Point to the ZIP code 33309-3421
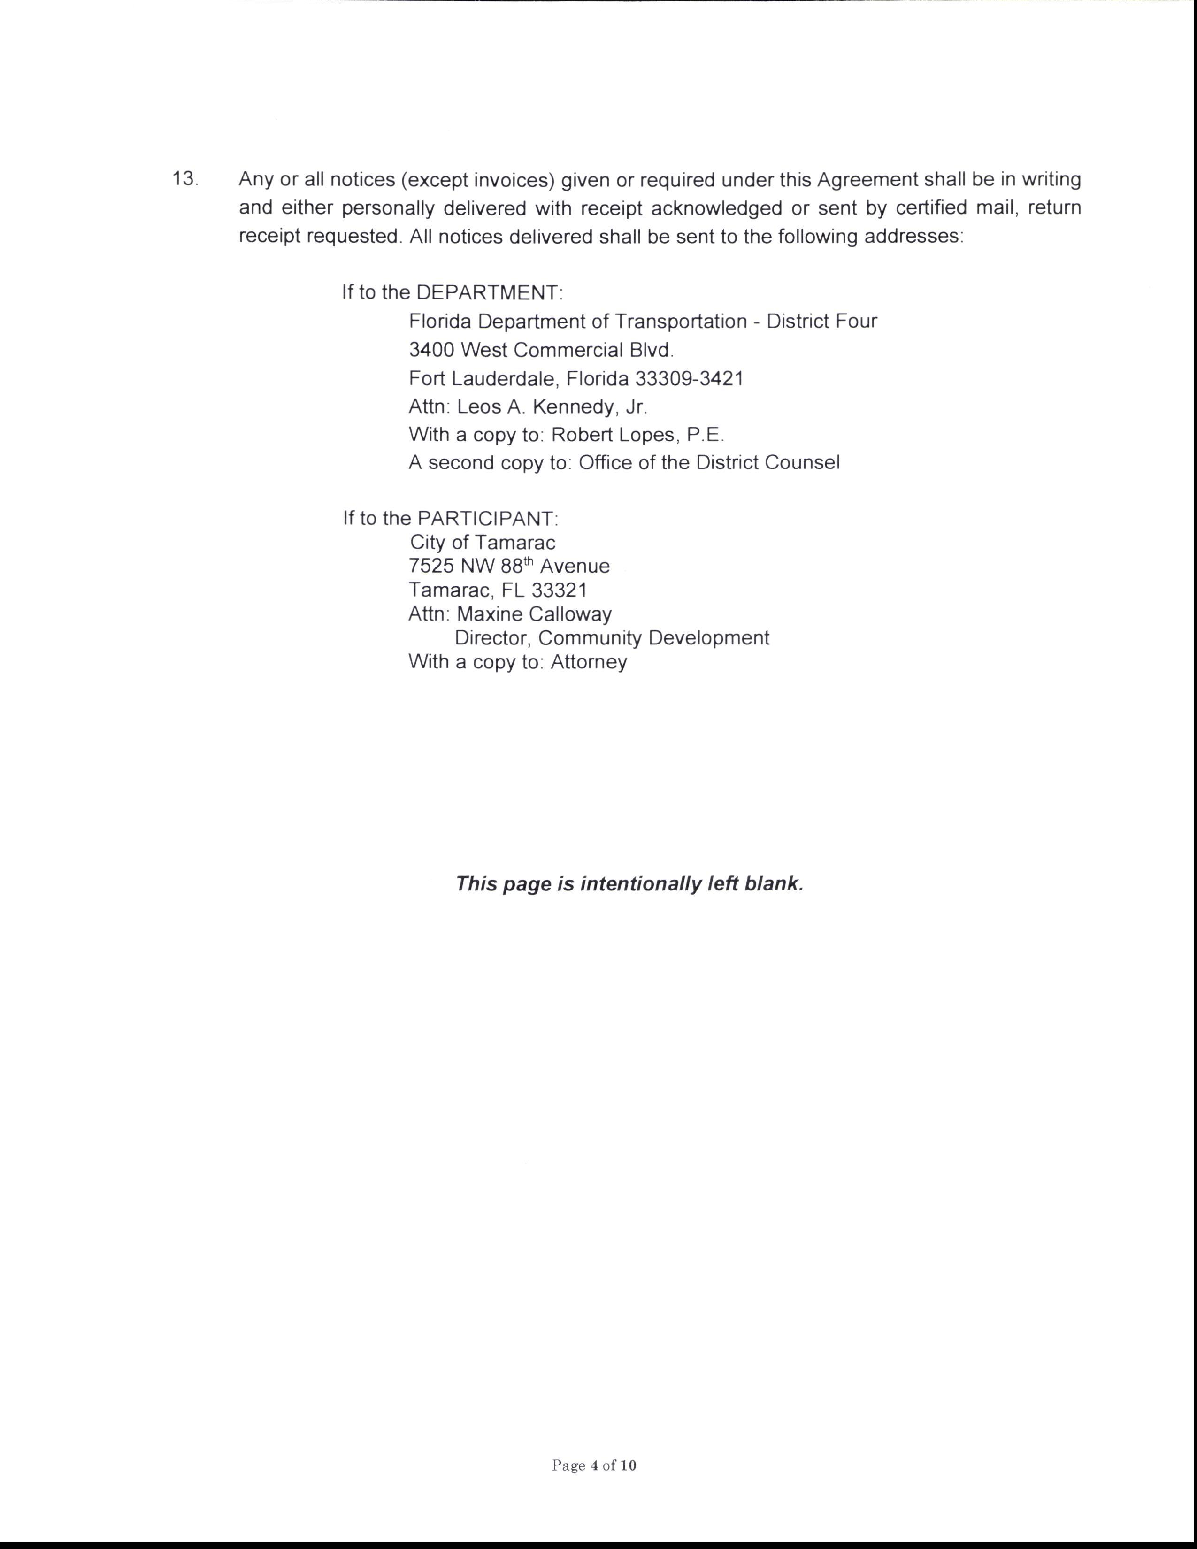click(689, 379)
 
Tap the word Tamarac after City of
click(515, 543)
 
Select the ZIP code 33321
click(560, 590)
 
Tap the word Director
click(493, 637)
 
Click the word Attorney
click(589, 662)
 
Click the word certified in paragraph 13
click(927, 208)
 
